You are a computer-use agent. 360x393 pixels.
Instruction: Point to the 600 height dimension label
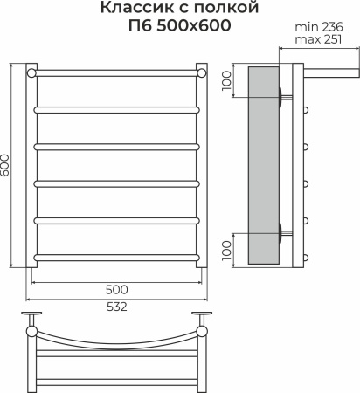tap(7, 165)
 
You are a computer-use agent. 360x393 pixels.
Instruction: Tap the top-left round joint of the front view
tap(32, 72)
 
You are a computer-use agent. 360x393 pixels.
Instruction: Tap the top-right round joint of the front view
tap(201, 72)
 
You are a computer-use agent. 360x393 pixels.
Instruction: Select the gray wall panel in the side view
tap(265, 165)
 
